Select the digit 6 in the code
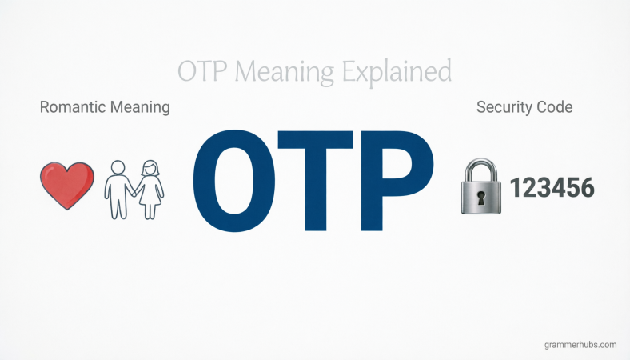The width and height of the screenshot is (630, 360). click(587, 188)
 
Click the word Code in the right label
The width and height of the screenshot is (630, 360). click(556, 107)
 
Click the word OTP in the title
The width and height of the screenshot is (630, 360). click(203, 71)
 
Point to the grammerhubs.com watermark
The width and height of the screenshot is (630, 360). click(579, 345)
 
